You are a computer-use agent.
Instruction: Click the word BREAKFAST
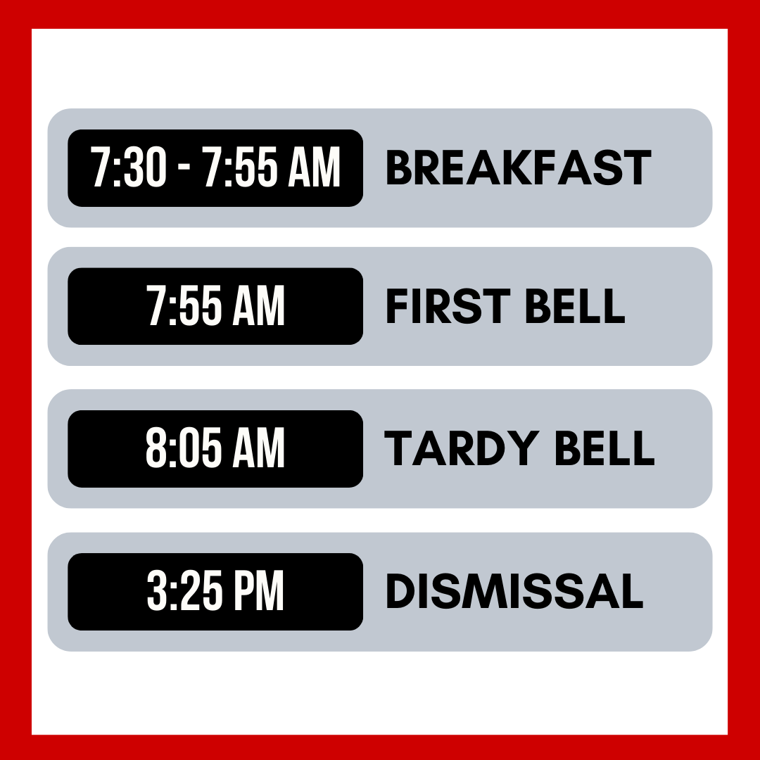tap(518, 168)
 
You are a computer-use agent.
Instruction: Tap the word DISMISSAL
tap(514, 592)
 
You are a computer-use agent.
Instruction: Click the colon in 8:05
tap(167, 450)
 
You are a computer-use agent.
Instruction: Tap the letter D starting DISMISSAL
tap(398, 592)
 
